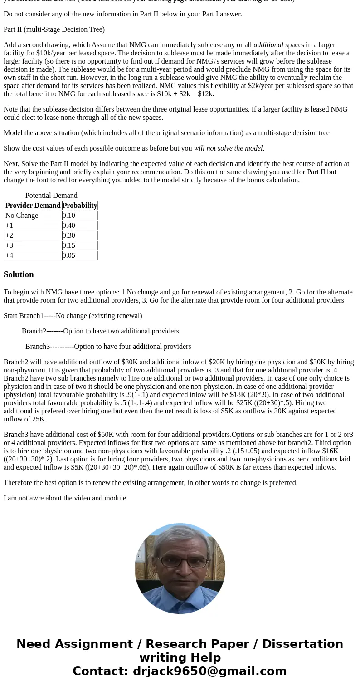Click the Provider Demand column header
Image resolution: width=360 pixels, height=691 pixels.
coord(33,206)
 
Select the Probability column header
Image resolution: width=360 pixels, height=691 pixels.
coord(80,206)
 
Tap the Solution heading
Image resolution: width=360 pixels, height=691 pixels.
coord(19,274)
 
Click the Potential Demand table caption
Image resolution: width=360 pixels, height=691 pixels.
coord(51,196)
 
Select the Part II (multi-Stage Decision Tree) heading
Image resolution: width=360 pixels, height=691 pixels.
coord(54,29)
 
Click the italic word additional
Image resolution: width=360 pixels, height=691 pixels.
coord(268,45)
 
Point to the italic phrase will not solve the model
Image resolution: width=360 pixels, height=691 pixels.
coord(229,148)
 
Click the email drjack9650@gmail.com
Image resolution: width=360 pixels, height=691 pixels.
coord(209,671)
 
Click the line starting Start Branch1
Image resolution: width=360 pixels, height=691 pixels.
coord(73,316)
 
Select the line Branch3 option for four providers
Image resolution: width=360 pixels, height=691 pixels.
coord(108,347)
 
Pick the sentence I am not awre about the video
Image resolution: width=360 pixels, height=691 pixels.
coord(65,498)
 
